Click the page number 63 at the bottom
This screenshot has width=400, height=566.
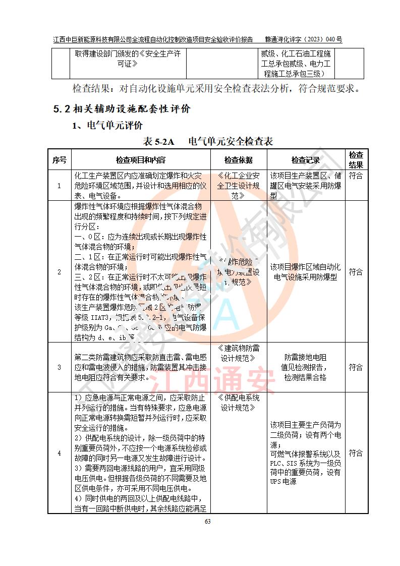[207, 521]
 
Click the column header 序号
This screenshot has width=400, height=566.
[59, 160]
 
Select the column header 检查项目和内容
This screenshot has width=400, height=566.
[140, 160]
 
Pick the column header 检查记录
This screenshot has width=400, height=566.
[305, 160]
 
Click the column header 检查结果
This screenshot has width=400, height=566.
[356, 160]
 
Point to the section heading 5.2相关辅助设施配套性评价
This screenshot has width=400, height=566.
[122, 108]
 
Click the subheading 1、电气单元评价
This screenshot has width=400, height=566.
[107, 125]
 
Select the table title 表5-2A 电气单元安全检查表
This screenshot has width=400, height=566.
[208, 142]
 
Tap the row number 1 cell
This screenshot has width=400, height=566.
[59, 186]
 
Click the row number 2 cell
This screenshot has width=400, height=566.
[59, 272]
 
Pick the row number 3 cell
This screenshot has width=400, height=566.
[59, 368]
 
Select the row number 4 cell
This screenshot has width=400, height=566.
[59, 453]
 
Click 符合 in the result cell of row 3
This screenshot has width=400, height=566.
[356, 368]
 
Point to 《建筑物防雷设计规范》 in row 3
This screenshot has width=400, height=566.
[239, 353]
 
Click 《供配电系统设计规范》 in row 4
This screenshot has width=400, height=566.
[239, 403]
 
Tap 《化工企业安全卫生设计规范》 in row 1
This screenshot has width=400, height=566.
[239, 186]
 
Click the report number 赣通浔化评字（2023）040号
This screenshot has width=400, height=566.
[304, 39]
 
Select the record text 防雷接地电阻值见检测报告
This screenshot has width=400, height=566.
[305, 362]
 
